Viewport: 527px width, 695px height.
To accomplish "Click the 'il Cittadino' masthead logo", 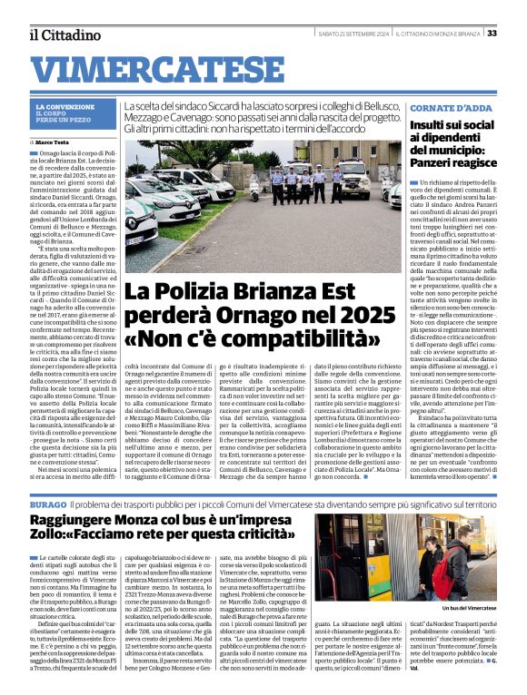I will click(65, 34).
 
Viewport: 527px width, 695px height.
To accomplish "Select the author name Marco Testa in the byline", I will click(56, 143).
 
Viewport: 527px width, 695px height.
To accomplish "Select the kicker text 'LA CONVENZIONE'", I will click(65, 107).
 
